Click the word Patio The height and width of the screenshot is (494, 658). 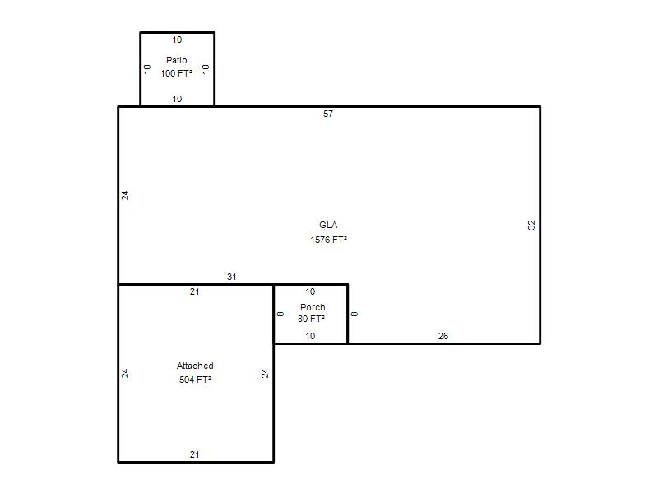pyautogui.click(x=176, y=60)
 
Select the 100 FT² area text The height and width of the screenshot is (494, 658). pyautogui.click(x=176, y=73)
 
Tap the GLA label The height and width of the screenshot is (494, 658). pyautogui.click(x=328, y=225)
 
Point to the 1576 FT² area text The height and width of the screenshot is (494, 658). pyautogui.click(x=328, y=240)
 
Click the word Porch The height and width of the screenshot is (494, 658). pyautogui.click(x=313, y=307)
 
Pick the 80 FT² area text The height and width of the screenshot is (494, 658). pyautogui.click(x=312, y=319)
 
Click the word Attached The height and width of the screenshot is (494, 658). pyautogui.click(x=195, y=366)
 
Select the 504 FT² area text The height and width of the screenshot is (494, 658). pyautogui.click(x=195, y=380)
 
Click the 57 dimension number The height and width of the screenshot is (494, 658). pyautogui.click(x=328, y=114)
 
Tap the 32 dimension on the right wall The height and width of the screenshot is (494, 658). pyautogui.click(x=531, y=225)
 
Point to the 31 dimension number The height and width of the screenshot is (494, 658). pyautogui.click(x=232, y=277)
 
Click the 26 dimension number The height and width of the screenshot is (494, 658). pyautogui.click(x=443, y=336)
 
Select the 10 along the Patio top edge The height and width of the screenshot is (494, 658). pyautogui.click(x=177, y=40)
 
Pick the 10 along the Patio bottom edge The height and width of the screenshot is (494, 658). pyautogui.click(x=177, y=99)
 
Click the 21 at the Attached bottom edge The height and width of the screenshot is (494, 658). pyautogui.click(x=195, y=454)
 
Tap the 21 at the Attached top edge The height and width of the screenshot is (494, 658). pyautogui.click(x=195, y=291)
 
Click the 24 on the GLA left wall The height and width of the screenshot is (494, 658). pyautogui.click(x=125, y=195)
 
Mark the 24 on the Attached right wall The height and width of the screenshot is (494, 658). pyautogui.click(x=265, y=374)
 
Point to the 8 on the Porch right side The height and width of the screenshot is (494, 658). pyautogui.click(x=354, y=314)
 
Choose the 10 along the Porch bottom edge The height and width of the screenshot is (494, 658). pyautogui.click(x=310, y=336)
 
